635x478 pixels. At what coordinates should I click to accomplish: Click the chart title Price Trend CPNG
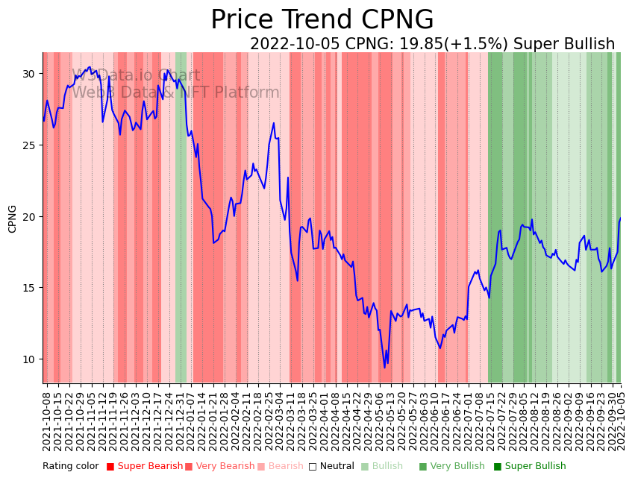(322, 20)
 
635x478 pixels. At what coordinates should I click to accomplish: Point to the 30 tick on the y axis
(28, 74)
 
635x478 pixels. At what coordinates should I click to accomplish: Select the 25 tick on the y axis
(28, 145)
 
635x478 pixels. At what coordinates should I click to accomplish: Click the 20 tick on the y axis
(28, 217)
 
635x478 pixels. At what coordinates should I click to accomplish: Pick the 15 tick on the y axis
(28, 288)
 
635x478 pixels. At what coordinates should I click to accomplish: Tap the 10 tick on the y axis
(28, 359)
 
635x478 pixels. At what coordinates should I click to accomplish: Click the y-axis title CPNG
(13, 218)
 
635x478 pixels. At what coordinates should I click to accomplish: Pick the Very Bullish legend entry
(457, 467)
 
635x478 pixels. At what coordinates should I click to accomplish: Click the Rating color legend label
(70, 467)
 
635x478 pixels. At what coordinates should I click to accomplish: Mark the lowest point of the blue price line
(385, 368)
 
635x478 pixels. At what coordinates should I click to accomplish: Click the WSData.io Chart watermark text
(136, 76)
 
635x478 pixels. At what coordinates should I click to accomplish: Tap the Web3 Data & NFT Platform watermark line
(175, 93)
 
